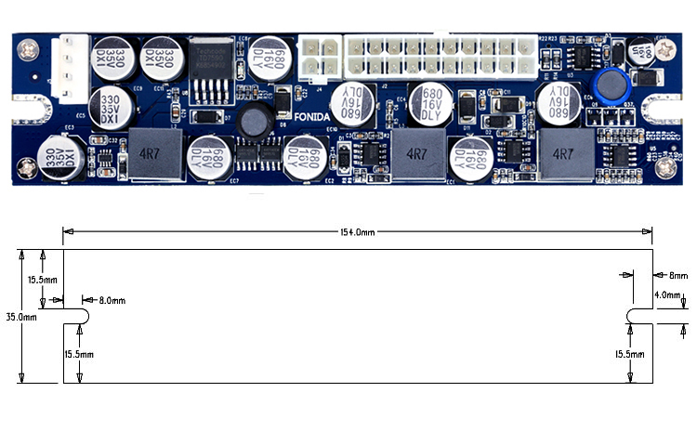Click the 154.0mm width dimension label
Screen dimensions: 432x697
tap(355, 233)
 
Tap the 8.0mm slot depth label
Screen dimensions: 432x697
tap(111, 300)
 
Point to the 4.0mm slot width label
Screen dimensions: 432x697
tap(668, 295)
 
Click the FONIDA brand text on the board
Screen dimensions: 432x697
tap(299, 117)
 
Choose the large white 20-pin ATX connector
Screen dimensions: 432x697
tap(440, 55)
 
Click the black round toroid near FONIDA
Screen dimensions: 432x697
tap(252, 120)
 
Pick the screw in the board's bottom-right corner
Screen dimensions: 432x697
tap(665, 168)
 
